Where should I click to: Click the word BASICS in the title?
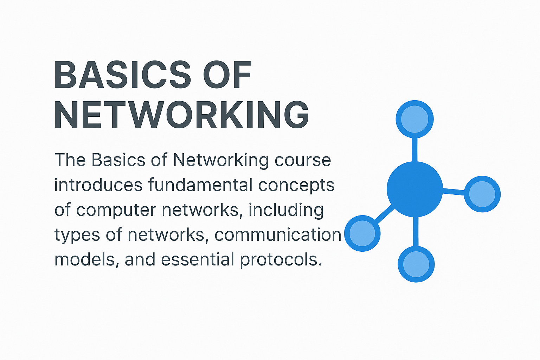pos(123,75)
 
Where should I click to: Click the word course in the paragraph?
pos(303,160)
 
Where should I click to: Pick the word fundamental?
pos(200,185)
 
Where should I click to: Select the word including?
pos(286,210)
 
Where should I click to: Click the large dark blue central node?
pos(415,189)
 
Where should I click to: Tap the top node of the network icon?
pos(414,119)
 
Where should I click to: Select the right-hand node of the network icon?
pos(482,194)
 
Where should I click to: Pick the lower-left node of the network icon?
pos(362,233)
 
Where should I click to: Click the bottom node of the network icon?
pos(416,264)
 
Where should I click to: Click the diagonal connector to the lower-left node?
pos(384,214)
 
